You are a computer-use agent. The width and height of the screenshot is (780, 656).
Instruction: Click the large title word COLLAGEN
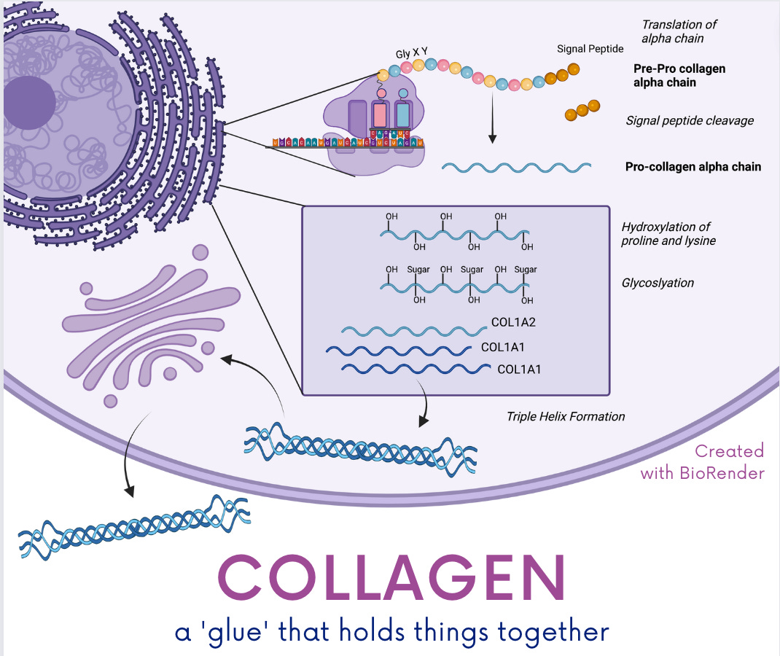pos(391,578)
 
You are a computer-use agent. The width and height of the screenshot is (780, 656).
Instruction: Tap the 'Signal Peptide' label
pos(590,49)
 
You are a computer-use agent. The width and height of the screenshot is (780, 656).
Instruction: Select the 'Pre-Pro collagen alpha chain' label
pos(679,76)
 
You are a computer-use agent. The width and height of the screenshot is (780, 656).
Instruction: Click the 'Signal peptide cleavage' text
pos(689,120)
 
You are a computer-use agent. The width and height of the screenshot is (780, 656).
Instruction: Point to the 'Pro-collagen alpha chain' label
pos(693,167)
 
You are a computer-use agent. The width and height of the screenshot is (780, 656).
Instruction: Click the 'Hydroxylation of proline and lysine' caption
pos(668,233)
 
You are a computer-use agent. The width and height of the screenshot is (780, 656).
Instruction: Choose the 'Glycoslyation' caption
pos(658,283)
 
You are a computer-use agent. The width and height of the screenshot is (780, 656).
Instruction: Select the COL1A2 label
pos(514,321)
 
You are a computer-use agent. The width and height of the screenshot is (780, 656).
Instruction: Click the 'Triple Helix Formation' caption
pos(566,417)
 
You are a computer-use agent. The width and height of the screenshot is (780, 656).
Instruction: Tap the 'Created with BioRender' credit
pos(703,461)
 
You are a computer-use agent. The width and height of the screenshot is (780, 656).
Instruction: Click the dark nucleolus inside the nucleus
pos(29,102)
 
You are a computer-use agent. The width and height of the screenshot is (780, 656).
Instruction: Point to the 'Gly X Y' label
pos(411,52)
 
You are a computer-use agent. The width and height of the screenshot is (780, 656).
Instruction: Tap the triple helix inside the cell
pos(361,444)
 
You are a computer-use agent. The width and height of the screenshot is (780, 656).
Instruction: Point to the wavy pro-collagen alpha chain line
pos(516,167)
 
